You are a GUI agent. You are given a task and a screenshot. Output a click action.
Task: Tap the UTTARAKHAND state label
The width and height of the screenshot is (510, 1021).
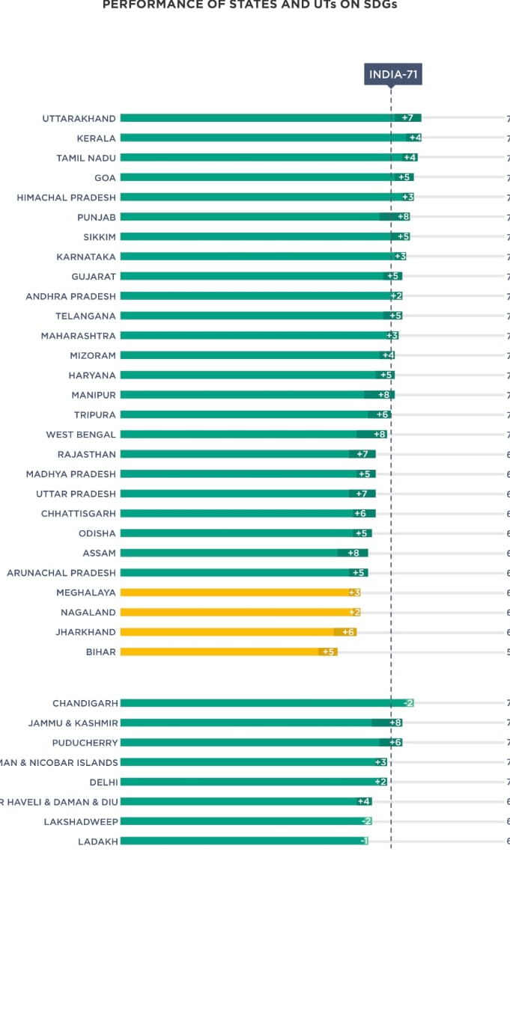79,118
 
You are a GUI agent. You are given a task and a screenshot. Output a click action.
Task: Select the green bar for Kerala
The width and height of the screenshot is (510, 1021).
262,138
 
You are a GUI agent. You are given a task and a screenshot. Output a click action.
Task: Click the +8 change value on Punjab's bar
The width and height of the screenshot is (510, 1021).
403,217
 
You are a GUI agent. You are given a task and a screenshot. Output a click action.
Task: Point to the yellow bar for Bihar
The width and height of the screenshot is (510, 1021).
225,651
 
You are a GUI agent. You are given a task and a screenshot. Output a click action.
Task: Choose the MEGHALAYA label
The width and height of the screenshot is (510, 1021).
86,592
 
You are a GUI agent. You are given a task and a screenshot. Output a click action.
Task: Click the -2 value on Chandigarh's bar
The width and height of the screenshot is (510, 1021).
408,703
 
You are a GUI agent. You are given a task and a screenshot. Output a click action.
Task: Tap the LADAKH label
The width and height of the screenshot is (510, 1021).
98,841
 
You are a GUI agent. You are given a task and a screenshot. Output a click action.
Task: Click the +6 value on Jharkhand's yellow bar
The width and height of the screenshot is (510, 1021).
348,632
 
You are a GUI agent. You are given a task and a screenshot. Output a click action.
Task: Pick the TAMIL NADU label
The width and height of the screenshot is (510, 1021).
86,158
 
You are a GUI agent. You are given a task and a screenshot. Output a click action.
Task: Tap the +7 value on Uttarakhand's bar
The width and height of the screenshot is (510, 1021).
407,118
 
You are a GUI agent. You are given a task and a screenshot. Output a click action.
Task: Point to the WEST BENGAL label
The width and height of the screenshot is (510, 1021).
81,435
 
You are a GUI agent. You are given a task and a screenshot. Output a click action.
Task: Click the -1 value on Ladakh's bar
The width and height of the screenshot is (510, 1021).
364,841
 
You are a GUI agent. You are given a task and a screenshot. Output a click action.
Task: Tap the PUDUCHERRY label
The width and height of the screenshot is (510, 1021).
85,743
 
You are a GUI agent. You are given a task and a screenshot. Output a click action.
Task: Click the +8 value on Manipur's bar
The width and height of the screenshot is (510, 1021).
383,395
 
